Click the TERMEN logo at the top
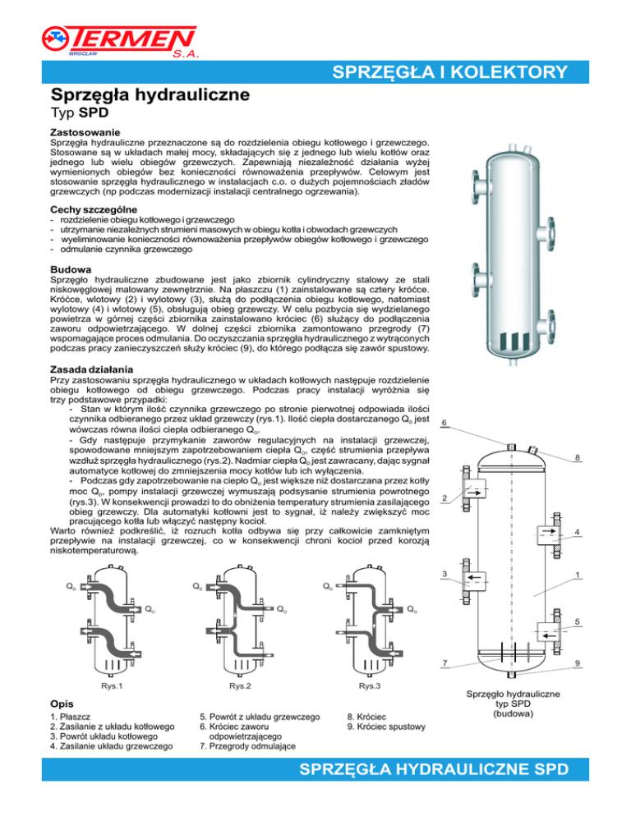(120, 40)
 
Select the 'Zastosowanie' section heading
(85, 131)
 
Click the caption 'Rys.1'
(112, 685)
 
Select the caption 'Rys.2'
(240, 685)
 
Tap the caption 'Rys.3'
(370, 685)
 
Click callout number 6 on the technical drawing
(444, 424)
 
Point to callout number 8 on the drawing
(578, 457)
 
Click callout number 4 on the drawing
(578, 532)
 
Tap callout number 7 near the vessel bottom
(444, 662)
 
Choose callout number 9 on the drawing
(578, 662)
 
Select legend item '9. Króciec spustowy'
(385, 727)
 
